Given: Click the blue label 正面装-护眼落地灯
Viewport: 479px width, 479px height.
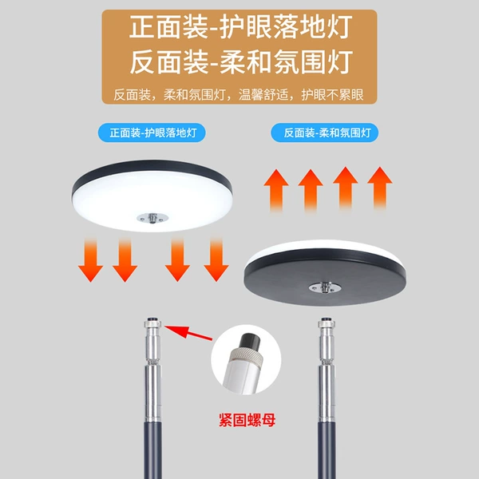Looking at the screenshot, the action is (x=152, y=133).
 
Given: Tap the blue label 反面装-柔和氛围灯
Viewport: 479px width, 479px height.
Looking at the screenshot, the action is (x=324, y=133).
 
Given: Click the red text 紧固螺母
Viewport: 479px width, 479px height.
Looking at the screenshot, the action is (x=247, y=420).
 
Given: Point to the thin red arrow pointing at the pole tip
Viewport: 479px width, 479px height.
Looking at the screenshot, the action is (x=188, y=332).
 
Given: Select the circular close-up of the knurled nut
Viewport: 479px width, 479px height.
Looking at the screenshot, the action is (x=246, y=359).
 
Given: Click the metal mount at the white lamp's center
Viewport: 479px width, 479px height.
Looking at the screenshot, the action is (x=152, y=218).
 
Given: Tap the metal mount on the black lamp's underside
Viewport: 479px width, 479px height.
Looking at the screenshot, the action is (x=325, y=287).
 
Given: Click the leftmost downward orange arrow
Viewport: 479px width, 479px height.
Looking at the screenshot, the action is (x=90, y=259).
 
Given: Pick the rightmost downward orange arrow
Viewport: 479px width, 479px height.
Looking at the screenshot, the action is (x=216, y=259).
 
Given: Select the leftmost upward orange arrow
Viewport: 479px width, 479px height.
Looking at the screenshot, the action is (x=276, y=190).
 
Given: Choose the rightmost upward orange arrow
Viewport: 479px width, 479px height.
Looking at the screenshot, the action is (x=380, y=188).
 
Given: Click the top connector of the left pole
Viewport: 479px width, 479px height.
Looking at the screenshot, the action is (x=152, y=323).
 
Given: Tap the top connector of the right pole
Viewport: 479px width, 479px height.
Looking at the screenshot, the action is (x=327, y=323).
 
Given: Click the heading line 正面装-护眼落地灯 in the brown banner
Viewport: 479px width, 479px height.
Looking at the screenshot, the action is (x=241, y=27).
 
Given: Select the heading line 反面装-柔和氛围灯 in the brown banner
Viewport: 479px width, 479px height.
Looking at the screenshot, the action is (x=241, y=62).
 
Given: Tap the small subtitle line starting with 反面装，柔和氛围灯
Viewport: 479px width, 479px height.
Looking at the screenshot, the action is (x=239, y=95).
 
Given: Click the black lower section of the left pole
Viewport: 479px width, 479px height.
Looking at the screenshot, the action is (x=152, y=449).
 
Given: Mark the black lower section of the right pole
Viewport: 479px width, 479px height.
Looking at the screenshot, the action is (x=327, y=449).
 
